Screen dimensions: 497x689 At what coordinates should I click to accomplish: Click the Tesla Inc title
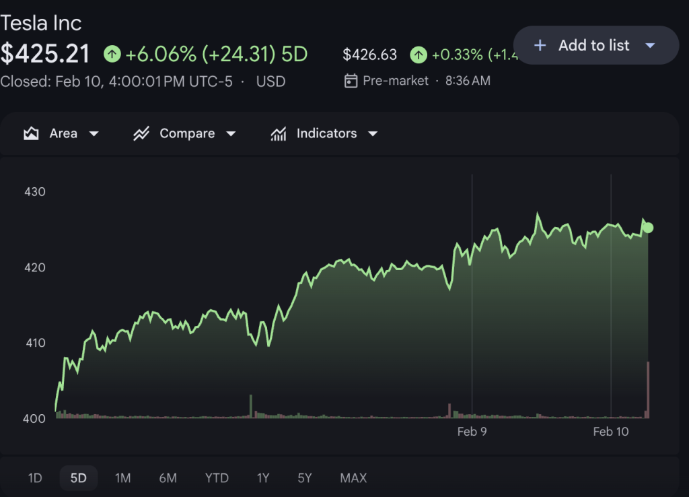pos(41,23)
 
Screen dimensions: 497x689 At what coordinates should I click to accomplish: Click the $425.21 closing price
pos(45,54)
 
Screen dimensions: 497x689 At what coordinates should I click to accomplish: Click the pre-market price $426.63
pos(369,55)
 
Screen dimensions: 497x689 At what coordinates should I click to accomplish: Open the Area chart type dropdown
pos(61,133)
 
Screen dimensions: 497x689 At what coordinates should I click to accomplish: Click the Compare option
pos(185,133)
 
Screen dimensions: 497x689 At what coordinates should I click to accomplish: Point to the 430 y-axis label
pos(34,192)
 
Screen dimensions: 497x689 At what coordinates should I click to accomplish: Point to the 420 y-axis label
pos(34,267)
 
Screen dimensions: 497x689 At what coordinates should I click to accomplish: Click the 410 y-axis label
pos(34,343)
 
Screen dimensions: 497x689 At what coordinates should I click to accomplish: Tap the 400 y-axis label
pos(34,418)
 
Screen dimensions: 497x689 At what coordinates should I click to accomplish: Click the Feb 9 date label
pos(472,432)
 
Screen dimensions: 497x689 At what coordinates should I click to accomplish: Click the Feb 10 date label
pos(611,432)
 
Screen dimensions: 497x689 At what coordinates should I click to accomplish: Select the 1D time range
pos(35,478)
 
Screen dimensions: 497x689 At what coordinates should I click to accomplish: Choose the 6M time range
pos(168,478)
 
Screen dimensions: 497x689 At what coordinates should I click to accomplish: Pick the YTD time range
pos(217,478)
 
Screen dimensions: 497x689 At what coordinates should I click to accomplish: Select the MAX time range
pos(353,478)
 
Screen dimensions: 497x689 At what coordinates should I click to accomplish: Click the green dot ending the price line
pos(648,228)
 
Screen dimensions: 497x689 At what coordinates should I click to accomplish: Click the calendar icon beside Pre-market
pos(351,81)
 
